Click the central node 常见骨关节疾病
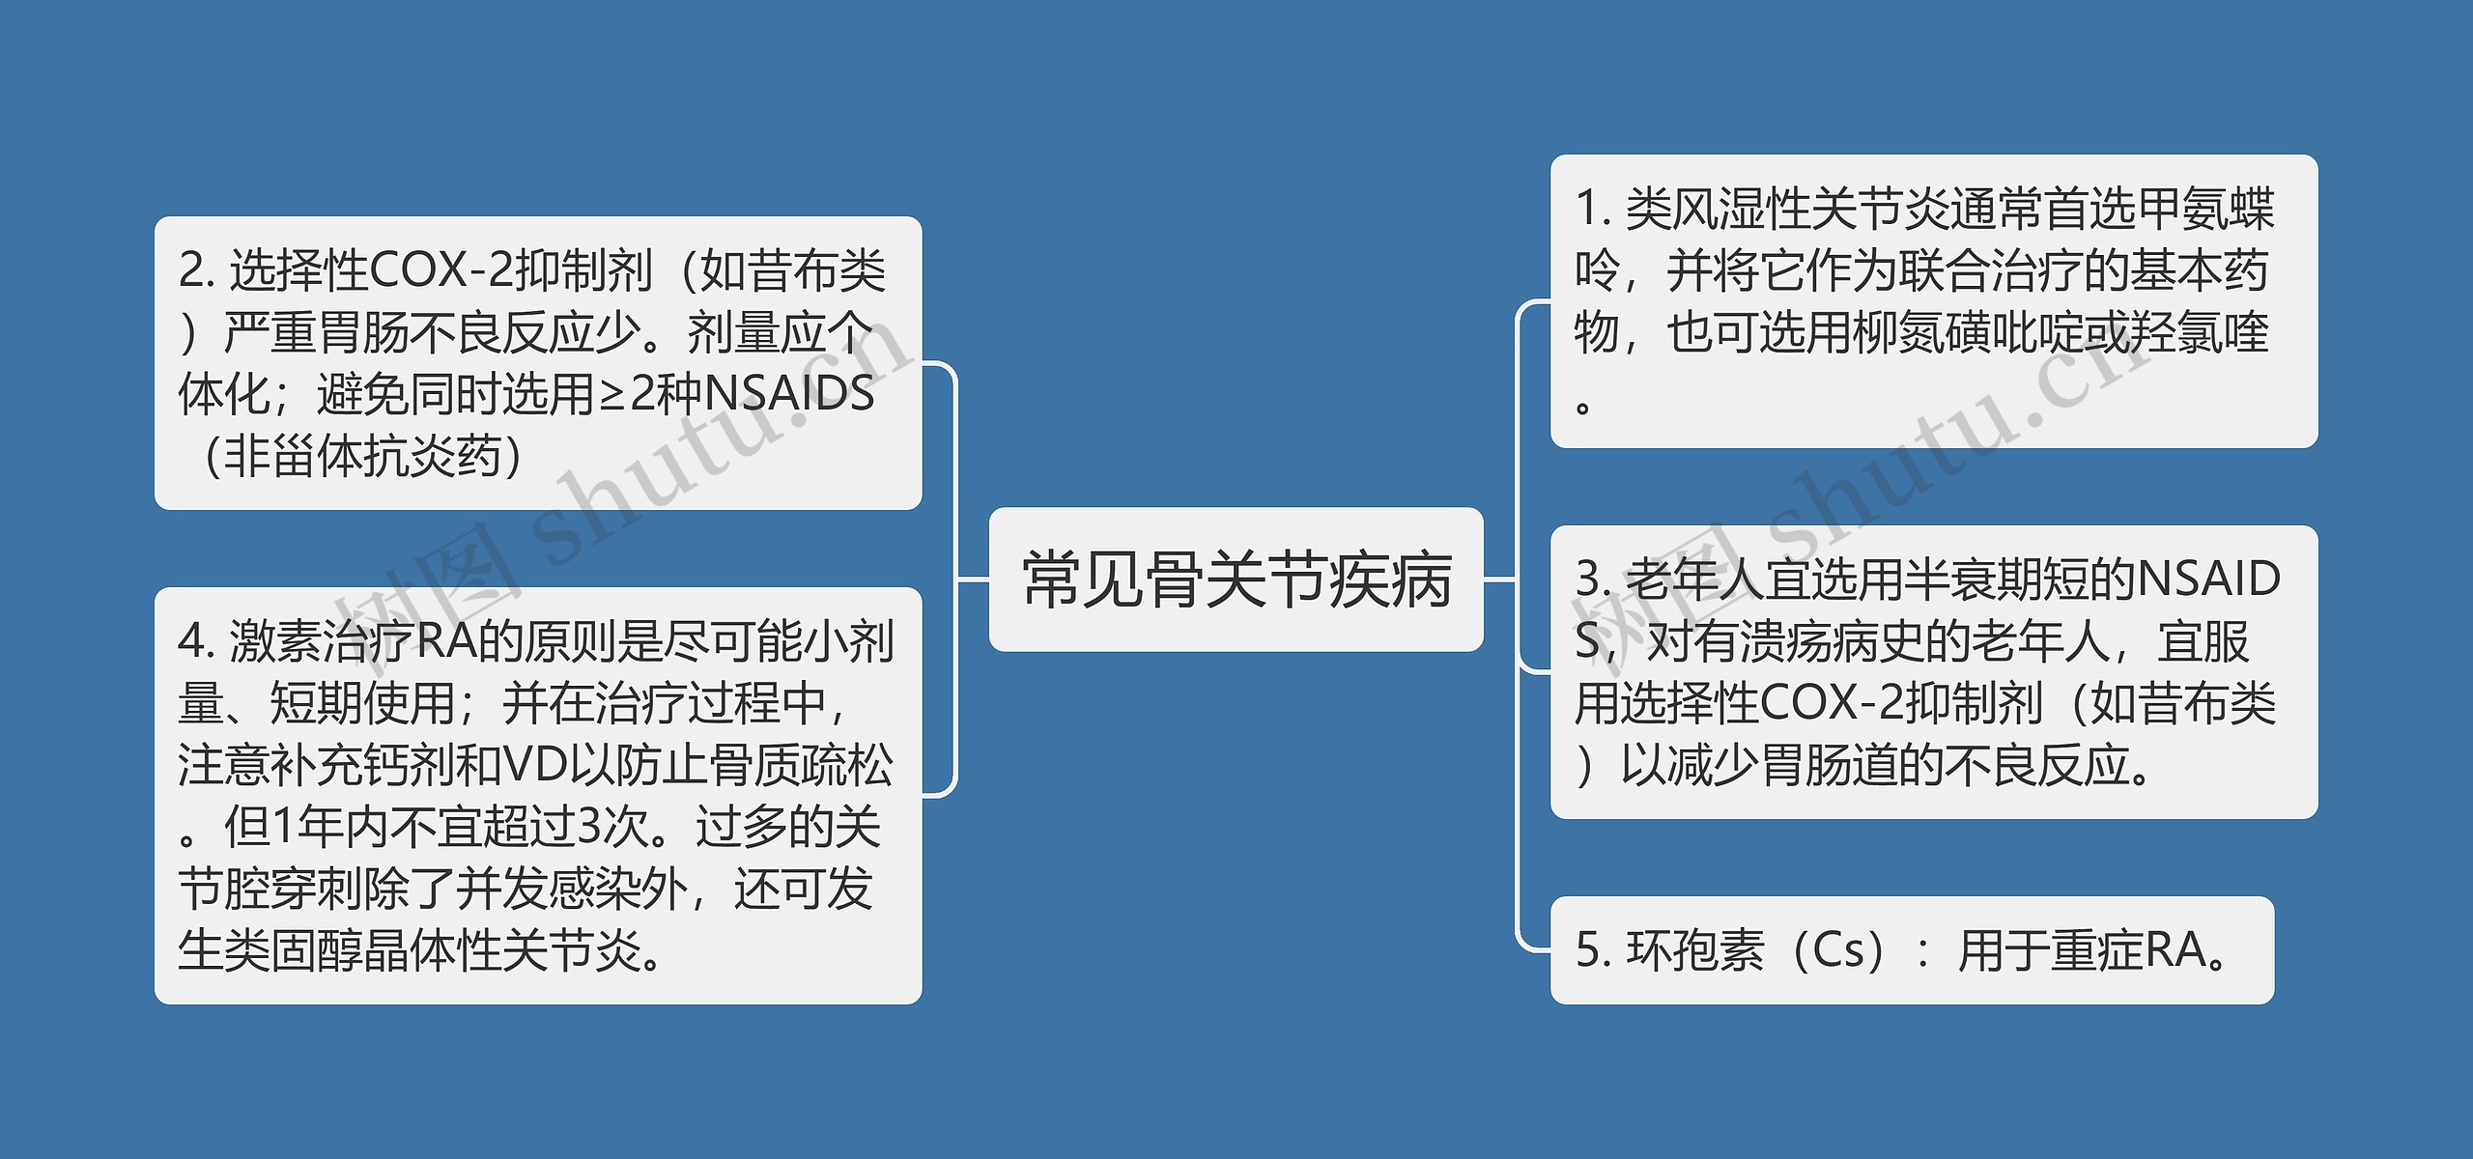[x=1236, y=579]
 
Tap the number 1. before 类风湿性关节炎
[x=1593, y=209]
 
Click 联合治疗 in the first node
[x=1991, y=271]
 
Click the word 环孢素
[x=1695, y=950]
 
